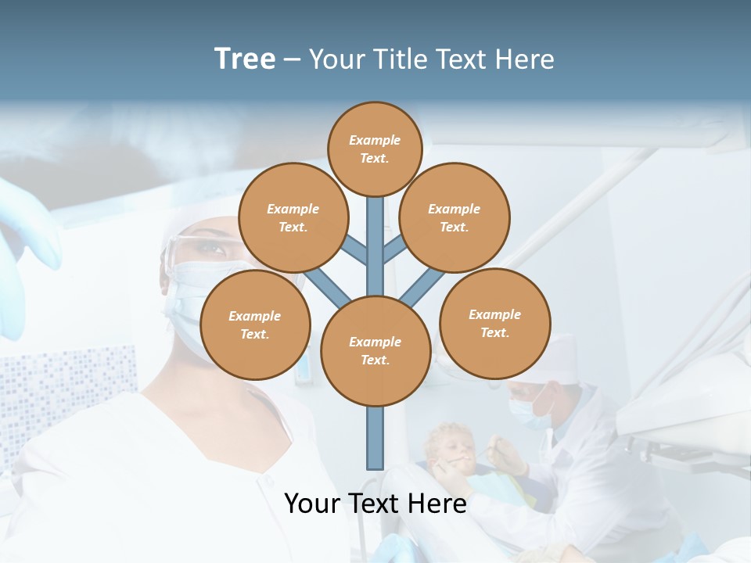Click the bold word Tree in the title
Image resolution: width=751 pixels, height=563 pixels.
pyautogui.click(x=245, y=59)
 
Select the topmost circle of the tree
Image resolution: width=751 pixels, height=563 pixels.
pyautogui.click(x=375, y=149)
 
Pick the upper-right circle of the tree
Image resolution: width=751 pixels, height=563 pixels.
pyautogui.click(x=455, y=217)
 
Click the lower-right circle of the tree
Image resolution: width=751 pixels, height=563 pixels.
pyautogui.click(x=495, y=323)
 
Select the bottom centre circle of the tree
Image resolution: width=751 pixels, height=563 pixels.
pyautogui.click(x=375, y=351)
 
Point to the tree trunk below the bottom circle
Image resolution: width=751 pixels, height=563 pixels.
pyautogui.click(x=375, y=438)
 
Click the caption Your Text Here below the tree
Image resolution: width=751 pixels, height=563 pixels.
pyautogui.click(x=375, y=504)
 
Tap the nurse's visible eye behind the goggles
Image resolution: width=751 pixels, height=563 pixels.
pyautogui.click(x=210, y=249)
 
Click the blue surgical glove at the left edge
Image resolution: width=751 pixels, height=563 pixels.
pyautogui.click(x=23, y=250)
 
